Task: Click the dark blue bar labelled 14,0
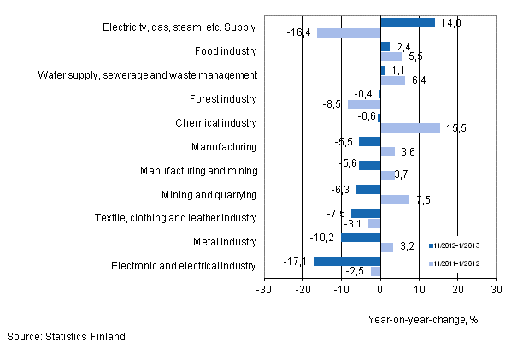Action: point(408,23)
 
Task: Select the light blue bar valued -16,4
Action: point(349,33)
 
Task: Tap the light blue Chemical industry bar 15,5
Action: point(410,127)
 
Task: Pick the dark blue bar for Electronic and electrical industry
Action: point(347,261)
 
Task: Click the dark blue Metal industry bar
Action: point(361,237)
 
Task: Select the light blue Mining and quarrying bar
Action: point(395,199)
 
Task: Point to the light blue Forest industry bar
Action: point(364,104)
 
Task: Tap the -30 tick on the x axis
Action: point(264,289)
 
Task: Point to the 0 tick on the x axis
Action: point(380,289)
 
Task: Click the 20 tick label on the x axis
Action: point(457,289)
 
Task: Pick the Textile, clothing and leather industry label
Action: point(175,217)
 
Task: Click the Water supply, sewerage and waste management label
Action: point(147,74)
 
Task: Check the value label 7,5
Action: point(422,200)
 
